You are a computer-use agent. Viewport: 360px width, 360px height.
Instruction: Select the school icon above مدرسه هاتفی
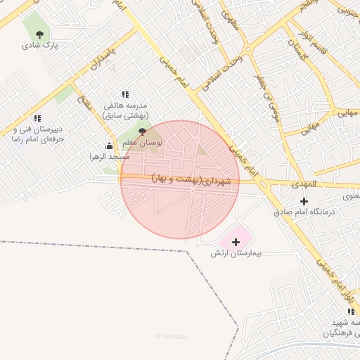(125, 94)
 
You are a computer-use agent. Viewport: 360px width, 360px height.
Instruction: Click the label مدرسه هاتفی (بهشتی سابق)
(127, 110)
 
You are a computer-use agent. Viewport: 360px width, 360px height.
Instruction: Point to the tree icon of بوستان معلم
(143, 131)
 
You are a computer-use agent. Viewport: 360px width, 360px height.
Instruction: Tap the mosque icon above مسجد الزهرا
(108, 146)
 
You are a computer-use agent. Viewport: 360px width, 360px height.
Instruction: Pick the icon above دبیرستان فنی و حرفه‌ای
(37, 118)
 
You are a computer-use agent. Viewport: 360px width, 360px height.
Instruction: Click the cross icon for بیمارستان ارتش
(235, 242)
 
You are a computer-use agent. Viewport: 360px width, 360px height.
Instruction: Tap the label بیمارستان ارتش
(231, 252)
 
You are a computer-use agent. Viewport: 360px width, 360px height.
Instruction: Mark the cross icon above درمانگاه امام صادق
(303, 202)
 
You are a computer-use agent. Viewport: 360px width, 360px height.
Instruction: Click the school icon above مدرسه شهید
(350, 311)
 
